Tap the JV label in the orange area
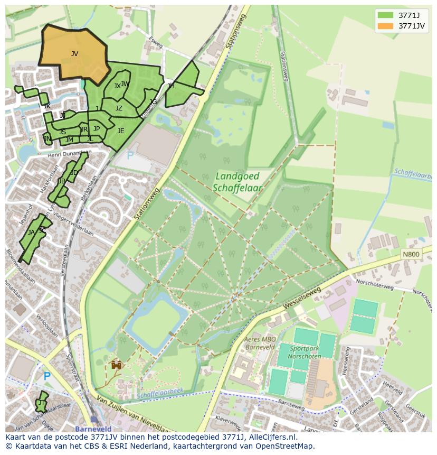[x=74, y=53]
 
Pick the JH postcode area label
[x=170, y=86]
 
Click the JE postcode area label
[x=121, y=131]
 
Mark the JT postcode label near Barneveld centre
[x=41, y=403]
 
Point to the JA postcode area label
[x=31, y=232]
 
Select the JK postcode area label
[x=47, y=106]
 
